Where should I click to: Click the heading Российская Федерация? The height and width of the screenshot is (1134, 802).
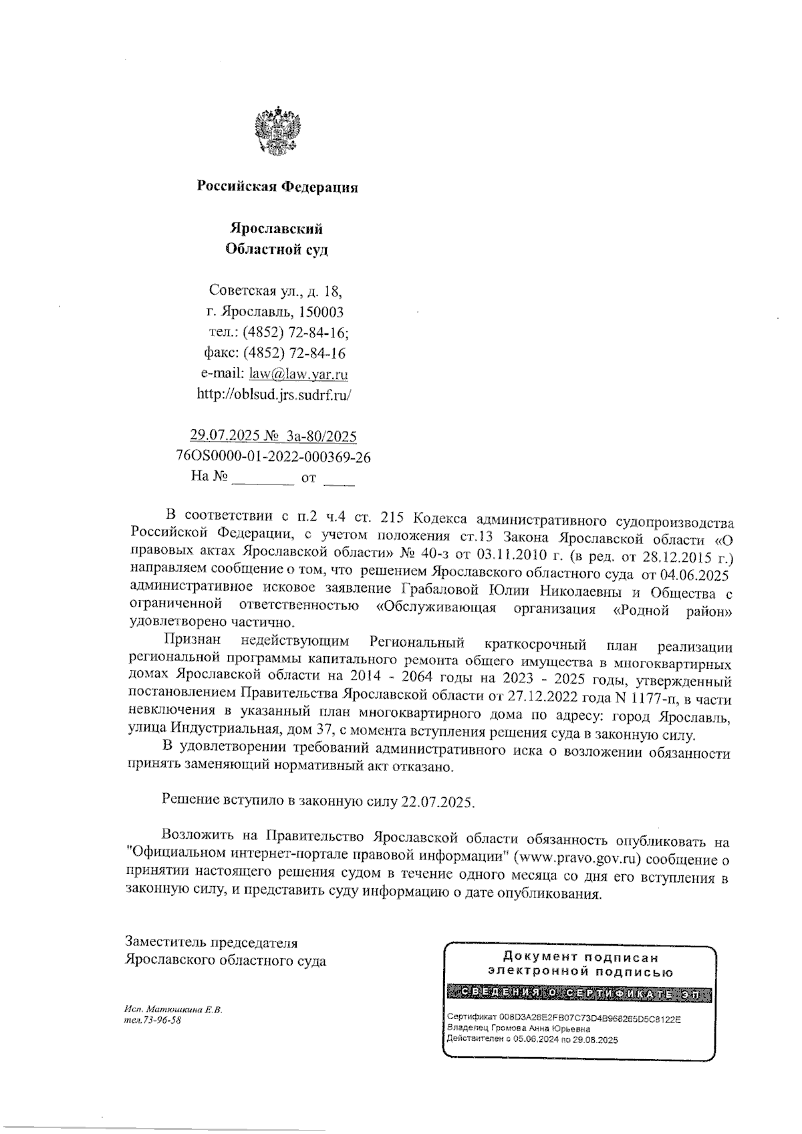coord(277,188)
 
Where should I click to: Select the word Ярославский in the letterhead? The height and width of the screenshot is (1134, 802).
coord(276,229)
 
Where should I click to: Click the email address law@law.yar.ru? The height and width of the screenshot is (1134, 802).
coord(298,374)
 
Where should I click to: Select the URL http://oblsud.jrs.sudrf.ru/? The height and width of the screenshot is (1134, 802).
coord(273,395)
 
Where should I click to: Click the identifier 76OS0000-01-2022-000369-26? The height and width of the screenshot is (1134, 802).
coord(273,458)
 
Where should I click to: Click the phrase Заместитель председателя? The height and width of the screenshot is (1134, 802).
coord(211,943)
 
